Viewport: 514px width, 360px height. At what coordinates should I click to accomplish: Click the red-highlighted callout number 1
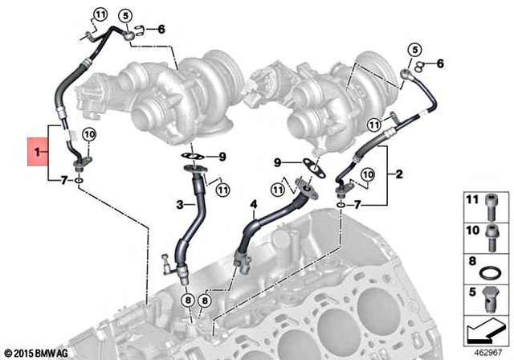pos(36,150)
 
